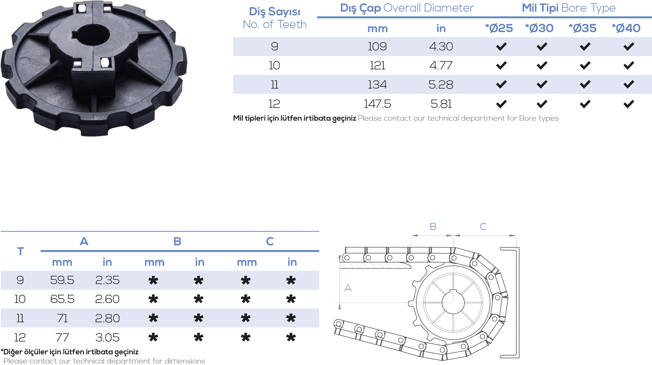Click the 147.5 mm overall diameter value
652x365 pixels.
377,104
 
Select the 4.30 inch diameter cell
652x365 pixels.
441,46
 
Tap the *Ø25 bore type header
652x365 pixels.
499,28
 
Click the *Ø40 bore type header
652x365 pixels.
626,28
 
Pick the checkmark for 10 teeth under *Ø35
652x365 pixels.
585,65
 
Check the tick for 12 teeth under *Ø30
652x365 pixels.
542,104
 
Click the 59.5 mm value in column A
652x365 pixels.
62,280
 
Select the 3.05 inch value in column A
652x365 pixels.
107,338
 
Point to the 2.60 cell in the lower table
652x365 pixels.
107,299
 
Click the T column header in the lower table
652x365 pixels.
20,251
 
